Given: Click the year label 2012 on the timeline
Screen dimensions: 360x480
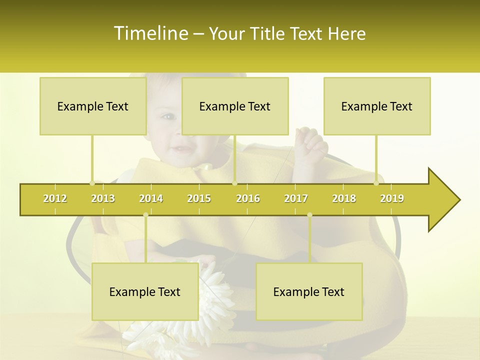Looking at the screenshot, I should (55, 198).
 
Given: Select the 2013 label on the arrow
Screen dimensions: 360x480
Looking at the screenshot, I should (103, 198).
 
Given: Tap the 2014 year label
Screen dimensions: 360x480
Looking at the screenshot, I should (151, 198).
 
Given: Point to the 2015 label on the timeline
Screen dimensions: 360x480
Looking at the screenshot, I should (199, 198).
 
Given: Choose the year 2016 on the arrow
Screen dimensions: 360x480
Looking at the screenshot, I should (248, 198).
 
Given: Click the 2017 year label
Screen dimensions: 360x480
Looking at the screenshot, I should (296, 198).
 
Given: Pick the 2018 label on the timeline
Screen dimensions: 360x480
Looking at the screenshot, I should (344, 198).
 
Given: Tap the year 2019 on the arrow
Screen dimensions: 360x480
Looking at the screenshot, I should (392, 198).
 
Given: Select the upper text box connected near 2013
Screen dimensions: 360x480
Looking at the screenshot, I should (93, 106).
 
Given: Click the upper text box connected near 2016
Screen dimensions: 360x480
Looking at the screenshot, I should (235, 106).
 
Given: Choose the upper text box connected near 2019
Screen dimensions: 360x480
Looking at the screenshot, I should (377, 106).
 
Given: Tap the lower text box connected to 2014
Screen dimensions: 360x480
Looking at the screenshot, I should (145, 291).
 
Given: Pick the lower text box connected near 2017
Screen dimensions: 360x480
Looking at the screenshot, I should (309, 291).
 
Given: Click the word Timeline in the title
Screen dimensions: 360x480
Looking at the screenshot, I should (150, 33).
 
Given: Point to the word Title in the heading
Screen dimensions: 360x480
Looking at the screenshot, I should (268, 33).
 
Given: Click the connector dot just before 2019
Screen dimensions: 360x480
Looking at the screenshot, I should (376, 183).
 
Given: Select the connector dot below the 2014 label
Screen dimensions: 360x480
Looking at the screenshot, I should (145, 214).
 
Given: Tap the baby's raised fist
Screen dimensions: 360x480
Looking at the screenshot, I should (311, 142).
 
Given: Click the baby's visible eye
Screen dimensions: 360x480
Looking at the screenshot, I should (168, 117).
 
